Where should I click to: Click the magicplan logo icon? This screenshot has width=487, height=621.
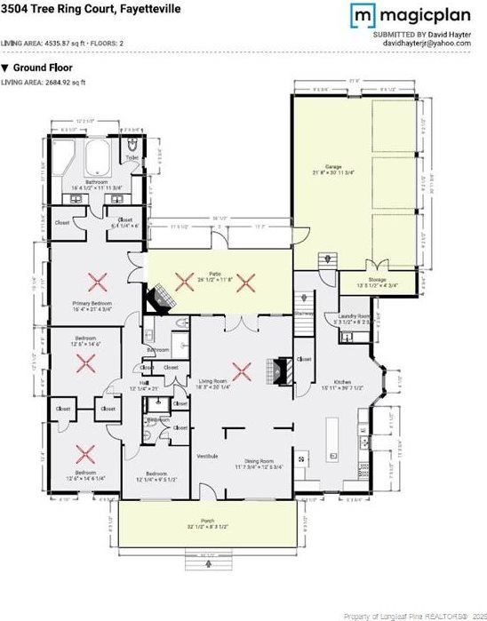(362, 15)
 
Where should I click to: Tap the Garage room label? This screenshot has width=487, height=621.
(333, 166)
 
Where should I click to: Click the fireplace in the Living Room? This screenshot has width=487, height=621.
(282, 370)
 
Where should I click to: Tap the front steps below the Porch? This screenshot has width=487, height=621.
(206, 564)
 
